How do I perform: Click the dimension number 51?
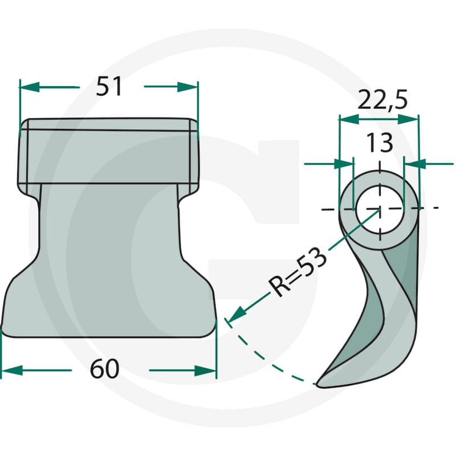point(109,87)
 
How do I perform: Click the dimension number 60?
point(105,369)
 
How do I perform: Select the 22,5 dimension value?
point(382,100)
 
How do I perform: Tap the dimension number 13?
point(380,142)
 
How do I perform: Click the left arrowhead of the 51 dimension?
point(29,87)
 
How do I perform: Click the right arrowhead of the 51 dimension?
point(188,87)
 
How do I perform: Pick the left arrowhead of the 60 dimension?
point(11,370)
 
